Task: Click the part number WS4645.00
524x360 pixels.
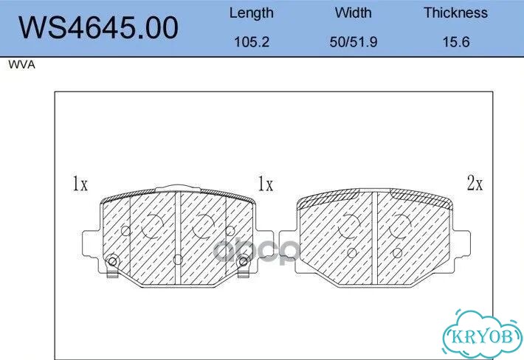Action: click(98, 28)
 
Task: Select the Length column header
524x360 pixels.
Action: click(252, 13)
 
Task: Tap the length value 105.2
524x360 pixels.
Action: click(252, 42)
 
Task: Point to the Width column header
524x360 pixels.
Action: click(354, 13)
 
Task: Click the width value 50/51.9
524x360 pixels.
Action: click(354, 42)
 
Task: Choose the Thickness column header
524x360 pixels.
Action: click(456, 13)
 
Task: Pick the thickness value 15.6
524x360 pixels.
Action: click(456, 42)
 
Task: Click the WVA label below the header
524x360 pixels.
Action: click(21, 64)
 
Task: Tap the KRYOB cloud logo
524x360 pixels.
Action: click(482, 335)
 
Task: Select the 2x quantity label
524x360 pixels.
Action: click(475, 183)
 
